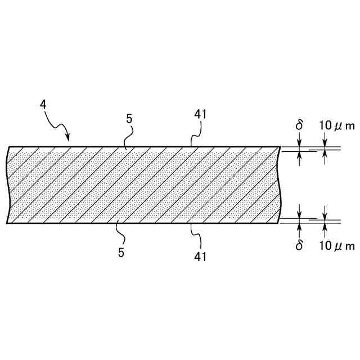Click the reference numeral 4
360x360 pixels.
pos(43,105)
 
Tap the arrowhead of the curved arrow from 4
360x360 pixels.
pos(68,138)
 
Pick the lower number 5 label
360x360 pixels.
pos(121,253)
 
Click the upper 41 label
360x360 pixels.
pos(201,114)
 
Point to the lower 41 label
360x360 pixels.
pos(201,256)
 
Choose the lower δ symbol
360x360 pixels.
pos(299,245)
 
